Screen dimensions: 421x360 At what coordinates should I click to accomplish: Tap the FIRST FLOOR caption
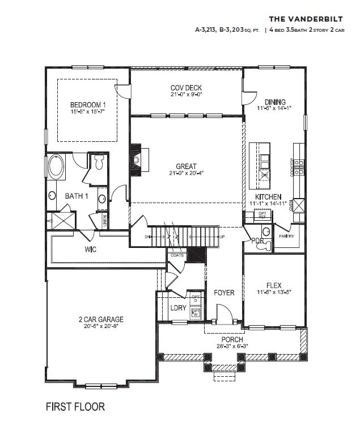pos(75,406)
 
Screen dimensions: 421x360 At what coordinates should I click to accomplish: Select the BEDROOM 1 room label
pos(88,105)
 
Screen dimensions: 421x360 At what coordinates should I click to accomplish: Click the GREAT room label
pos(186,167)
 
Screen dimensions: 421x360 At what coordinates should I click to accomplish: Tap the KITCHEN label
pos(268,196)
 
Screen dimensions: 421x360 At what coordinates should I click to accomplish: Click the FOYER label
pos(224,293)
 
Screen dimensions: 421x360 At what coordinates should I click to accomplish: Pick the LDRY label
pos(179,308)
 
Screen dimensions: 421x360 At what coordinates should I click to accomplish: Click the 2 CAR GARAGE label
pos(101,319)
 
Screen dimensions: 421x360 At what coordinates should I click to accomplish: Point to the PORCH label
pos(232,339)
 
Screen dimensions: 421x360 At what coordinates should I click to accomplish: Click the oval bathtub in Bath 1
pos(57,168)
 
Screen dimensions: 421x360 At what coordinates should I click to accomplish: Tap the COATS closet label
pos(176,255)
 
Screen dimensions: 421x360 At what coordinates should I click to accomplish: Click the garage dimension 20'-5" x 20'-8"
pos(101,326)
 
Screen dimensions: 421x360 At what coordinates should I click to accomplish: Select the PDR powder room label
pos(257,241)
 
